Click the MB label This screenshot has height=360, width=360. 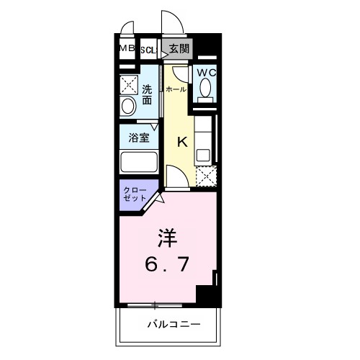127,48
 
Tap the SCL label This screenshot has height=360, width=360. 148,50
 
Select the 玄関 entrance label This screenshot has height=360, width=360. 179,49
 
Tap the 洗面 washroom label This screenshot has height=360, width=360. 147,95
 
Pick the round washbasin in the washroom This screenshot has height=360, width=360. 128,107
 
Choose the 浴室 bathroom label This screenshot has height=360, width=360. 139,137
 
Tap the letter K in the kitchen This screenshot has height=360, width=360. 182,142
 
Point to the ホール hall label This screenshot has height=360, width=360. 175,89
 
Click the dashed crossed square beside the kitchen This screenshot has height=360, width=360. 206,175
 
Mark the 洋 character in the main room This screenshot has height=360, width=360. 168,237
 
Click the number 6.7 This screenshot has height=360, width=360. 169,264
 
